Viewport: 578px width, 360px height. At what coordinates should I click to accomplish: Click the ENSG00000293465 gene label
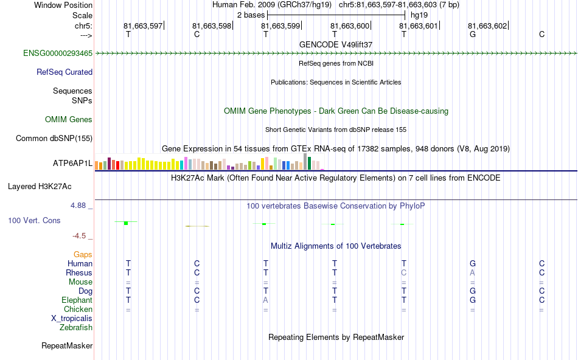click(58, 54)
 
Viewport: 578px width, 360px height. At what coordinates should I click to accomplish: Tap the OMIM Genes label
click(69, 120)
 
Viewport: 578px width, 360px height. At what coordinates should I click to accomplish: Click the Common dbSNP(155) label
click(54, 139)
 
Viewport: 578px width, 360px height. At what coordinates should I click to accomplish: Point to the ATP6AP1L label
click(73, 164)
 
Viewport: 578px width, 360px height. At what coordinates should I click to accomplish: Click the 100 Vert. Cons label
click(35, 221)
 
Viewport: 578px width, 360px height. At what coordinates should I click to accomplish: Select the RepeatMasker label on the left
click(67, 346)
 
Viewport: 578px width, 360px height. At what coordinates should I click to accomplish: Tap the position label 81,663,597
click(143, 26)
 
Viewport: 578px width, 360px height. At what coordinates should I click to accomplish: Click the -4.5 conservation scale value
click(81, 236)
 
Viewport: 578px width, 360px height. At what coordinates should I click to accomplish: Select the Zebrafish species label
click(76, 328)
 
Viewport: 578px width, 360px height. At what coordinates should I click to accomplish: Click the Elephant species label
click(77, 300)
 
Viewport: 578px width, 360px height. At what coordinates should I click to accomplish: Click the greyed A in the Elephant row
click(265, 300)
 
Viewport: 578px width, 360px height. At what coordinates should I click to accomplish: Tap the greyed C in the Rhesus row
click(403, 273)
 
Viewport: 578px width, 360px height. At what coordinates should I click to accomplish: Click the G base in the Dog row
click(472, 291)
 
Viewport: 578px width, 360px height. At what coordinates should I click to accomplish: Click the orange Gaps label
click(83, 255)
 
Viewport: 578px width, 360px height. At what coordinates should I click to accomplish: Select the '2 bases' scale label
click(249, 14)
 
